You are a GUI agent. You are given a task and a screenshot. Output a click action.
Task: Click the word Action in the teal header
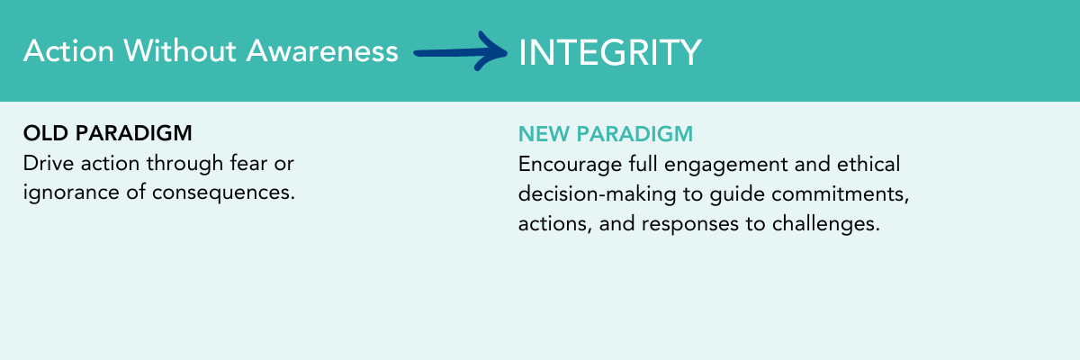tap(69, 50)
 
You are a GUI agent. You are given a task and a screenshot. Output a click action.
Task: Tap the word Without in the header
tap(180, 50)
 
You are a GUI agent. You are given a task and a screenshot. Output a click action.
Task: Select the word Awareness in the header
tap(322, 50)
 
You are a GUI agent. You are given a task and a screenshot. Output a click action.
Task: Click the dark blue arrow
tap(461, 51)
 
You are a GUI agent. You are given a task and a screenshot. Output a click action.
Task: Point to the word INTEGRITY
tap(610, 52)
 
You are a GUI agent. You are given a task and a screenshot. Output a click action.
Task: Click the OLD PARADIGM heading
tap(107, 133)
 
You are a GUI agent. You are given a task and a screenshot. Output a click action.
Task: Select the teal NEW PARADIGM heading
tap(606, 134)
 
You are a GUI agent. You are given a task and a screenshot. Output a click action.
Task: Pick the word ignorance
tap(71, 193)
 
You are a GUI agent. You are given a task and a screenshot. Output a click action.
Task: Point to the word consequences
tap(223, 193)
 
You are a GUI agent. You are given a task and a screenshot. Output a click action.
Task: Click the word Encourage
tap(570, 165)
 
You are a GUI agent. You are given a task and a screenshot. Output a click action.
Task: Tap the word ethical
tap(868, 164)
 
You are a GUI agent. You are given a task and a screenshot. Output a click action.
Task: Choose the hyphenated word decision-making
tap(598, 194)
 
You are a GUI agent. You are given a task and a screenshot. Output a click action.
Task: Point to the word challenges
tap(826, 224)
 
